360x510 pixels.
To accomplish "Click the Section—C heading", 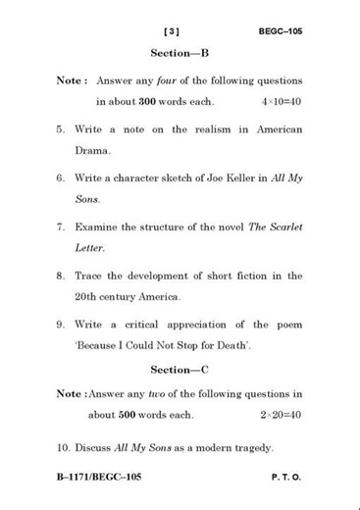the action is pyautogui.click(x=180, y=370).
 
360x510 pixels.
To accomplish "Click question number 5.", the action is pyautogui.click(x=61, y=129).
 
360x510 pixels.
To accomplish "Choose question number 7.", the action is pyautogui.click(x=61, y=227).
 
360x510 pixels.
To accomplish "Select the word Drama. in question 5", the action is pyautogui.click(x=91, y=152).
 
